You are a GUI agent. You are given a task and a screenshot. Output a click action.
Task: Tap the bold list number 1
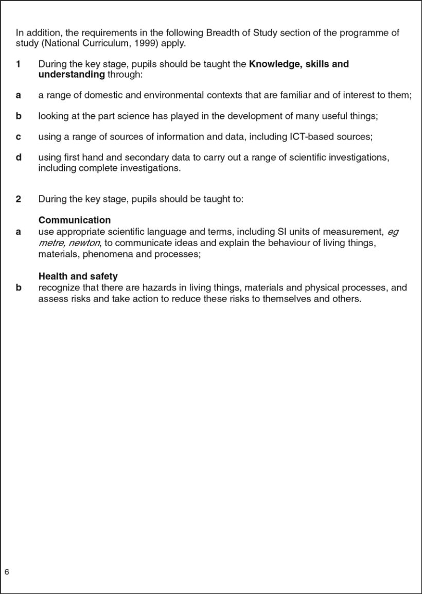point(18,64)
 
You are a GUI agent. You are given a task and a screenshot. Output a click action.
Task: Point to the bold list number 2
point(18,199)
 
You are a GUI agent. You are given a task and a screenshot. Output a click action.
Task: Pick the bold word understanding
point(71,75)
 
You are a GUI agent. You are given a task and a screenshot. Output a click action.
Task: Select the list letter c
point(18,136)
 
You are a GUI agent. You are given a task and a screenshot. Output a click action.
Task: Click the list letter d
point(18,157)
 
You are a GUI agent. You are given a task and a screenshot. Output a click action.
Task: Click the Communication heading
point(74,220)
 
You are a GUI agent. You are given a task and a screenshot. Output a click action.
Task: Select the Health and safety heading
point(78,276)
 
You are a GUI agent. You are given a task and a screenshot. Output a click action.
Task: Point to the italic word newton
point(83,242)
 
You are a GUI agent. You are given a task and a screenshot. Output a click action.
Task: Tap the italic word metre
point(50,242)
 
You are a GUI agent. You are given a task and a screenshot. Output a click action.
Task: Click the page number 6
point(7,572)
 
